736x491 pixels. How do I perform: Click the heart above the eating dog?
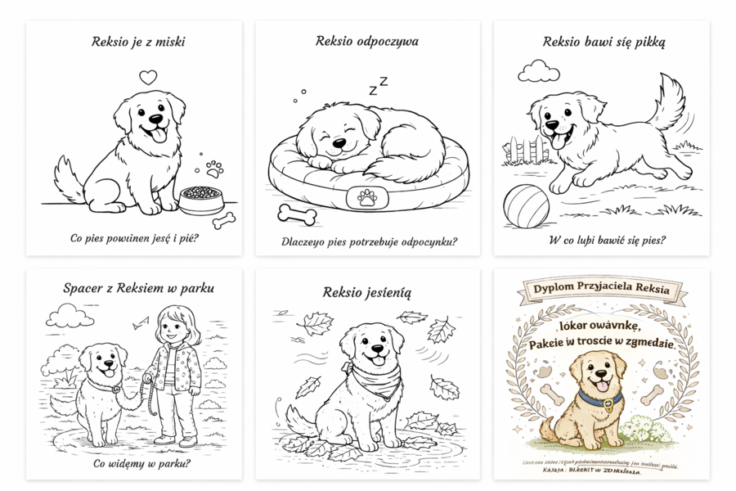click(147, 78)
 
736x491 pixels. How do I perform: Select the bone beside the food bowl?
click(223, 220)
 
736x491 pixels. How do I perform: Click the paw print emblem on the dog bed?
click(367, 197)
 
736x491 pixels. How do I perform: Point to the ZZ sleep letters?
click(377, 85)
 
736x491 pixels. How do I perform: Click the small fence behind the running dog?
click(523, 151)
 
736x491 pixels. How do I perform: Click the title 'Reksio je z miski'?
click(137, 41)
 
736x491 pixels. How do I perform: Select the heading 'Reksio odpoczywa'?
click(367, 40)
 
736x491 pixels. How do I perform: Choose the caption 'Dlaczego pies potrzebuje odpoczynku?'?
click(369, 241)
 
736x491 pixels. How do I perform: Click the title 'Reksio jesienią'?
click(367, 291)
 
